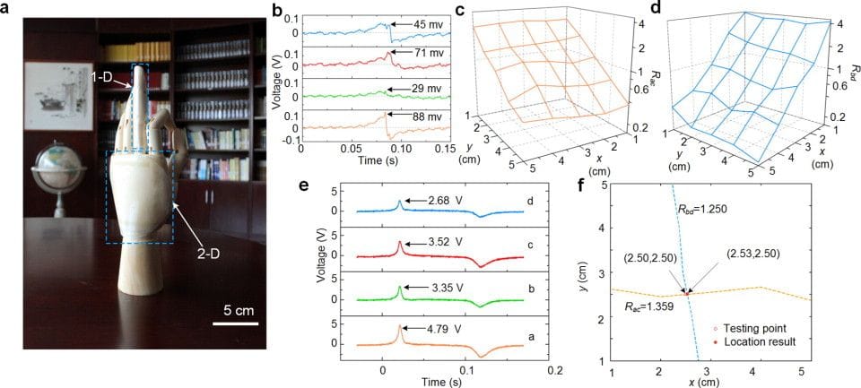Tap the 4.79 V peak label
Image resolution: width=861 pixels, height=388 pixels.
tap(437, 316)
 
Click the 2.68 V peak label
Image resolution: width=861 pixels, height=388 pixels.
tap(437, 199)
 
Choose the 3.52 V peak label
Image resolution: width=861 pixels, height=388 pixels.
tap(437, 239)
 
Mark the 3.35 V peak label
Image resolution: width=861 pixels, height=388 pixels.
tap(437, 278)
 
